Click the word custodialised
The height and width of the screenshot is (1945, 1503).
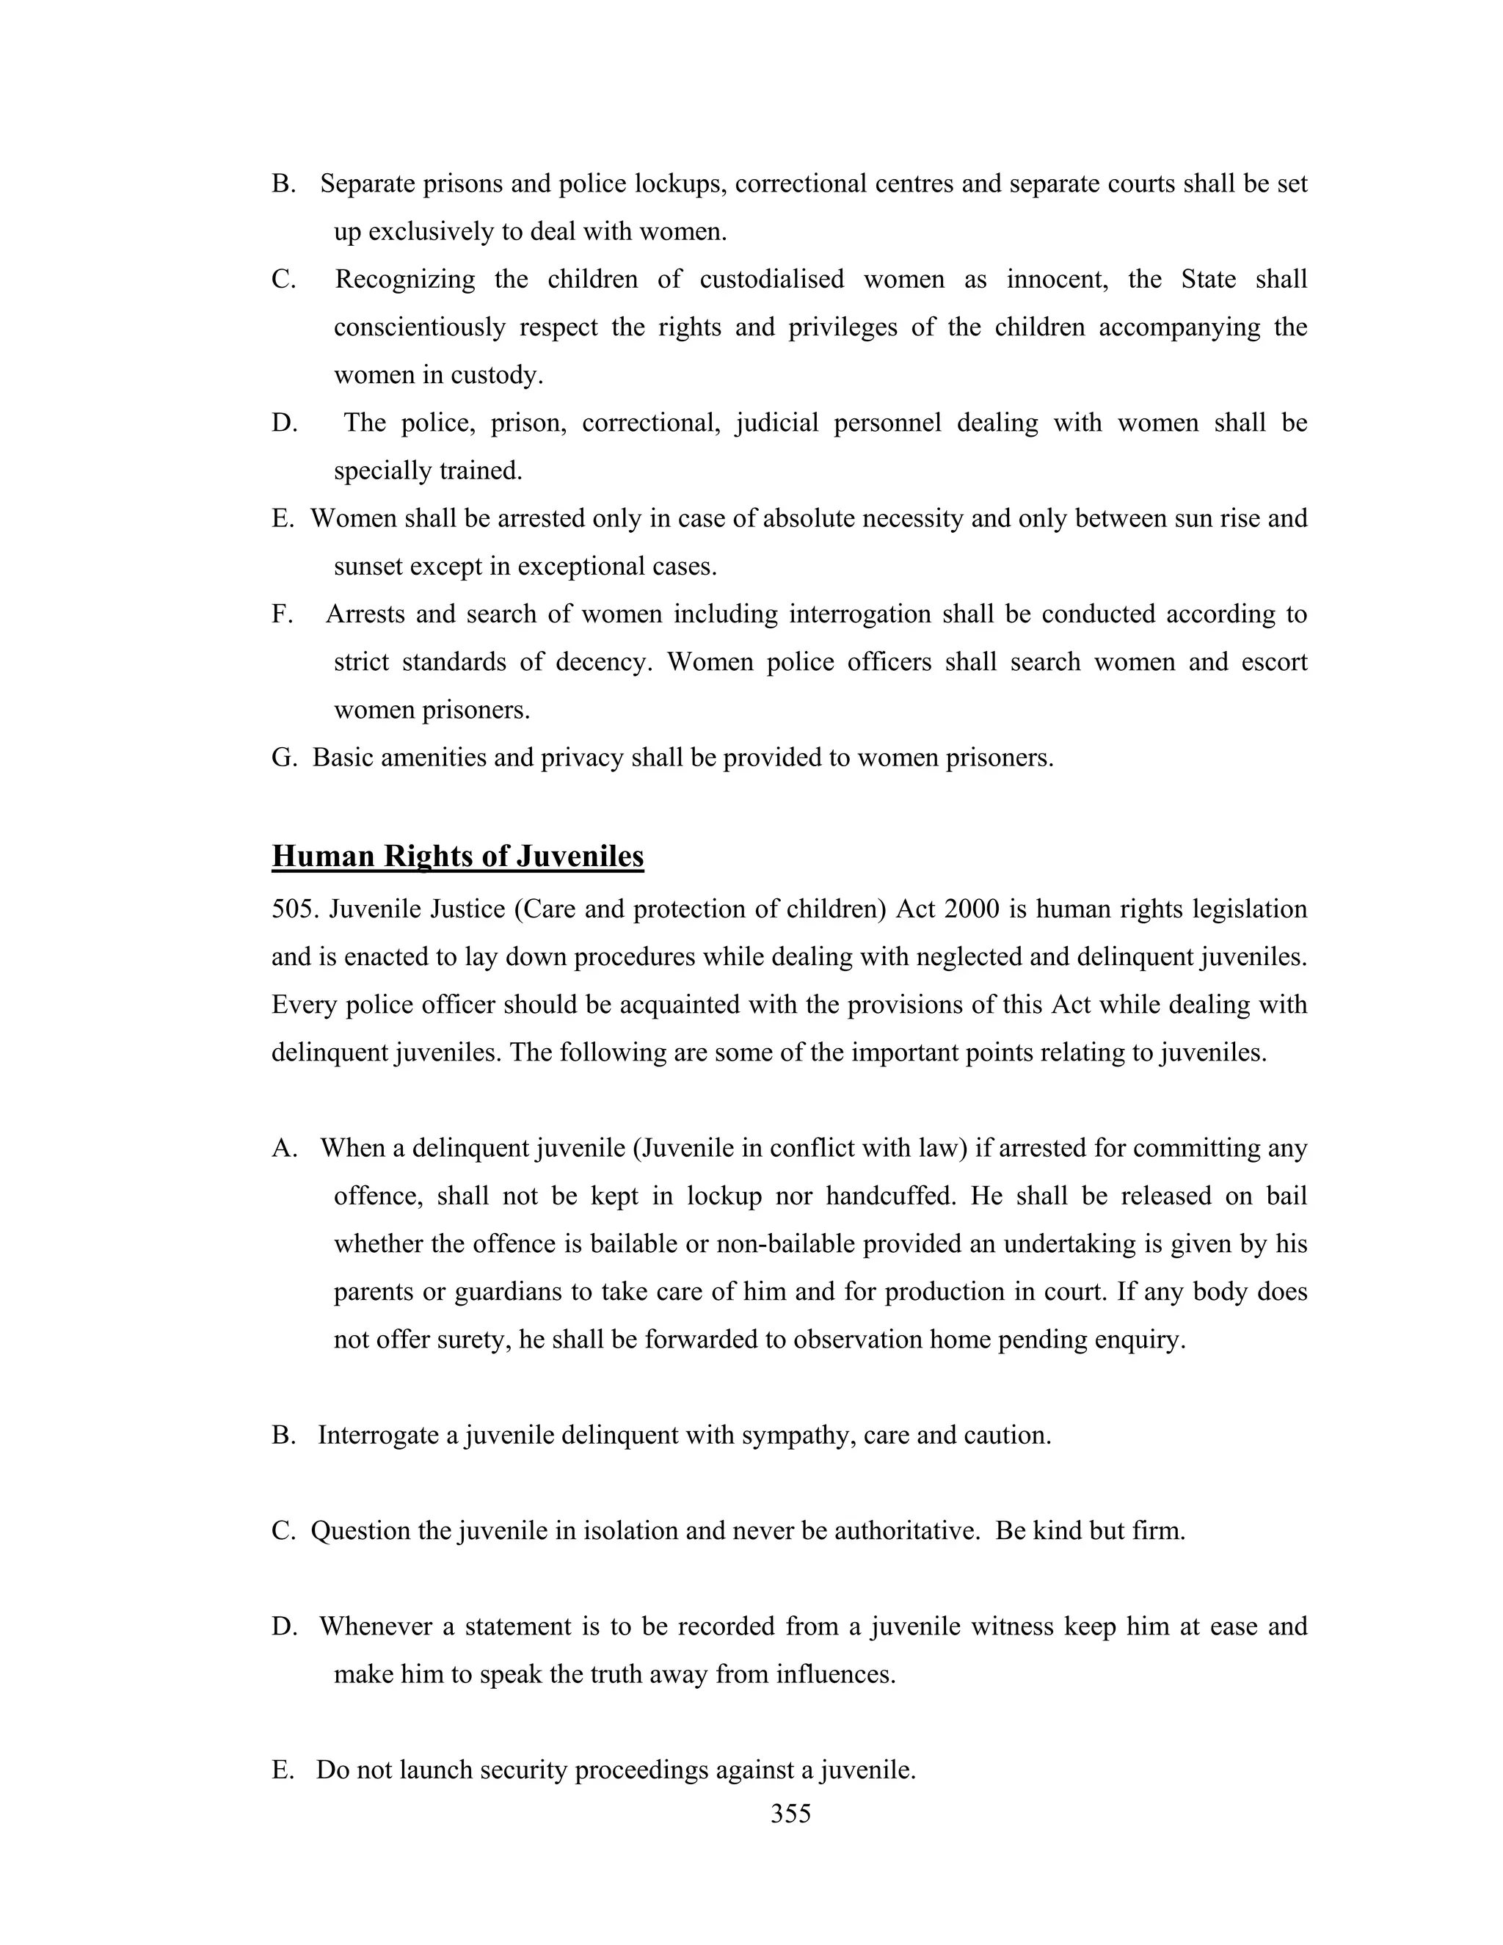pyautogui.click(x=771, y=280)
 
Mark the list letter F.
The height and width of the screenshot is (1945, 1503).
pyautogui.click(x=280, y=614)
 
